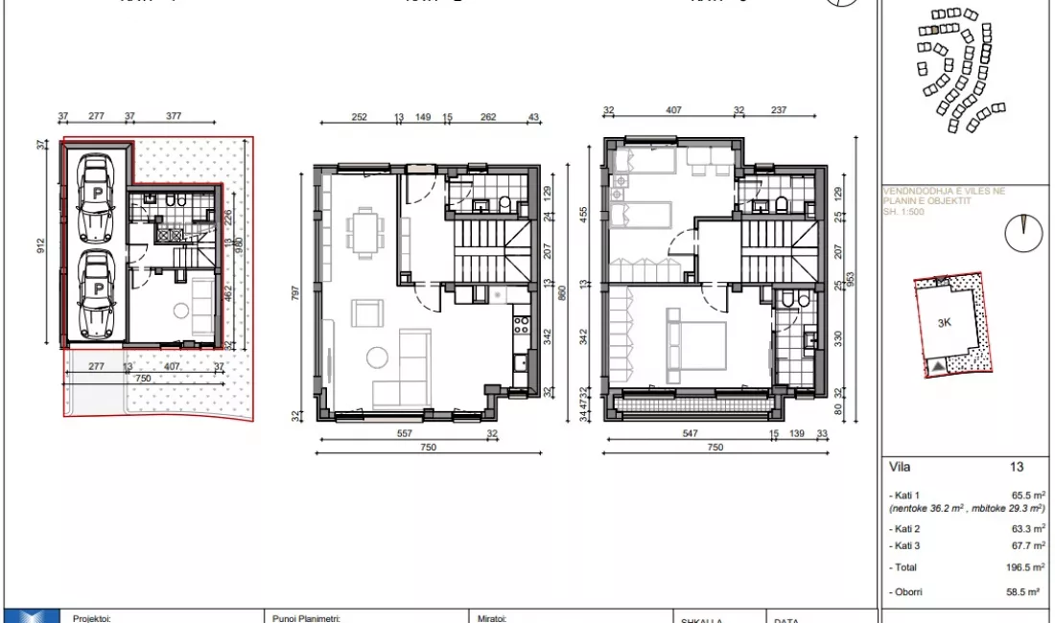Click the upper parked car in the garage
[96, 198]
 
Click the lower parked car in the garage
[96, 295]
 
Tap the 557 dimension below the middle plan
[404, 432]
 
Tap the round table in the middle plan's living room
[377, 358]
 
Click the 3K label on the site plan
[944, 323]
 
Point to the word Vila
[902, 468]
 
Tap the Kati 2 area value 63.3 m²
[1025, 529]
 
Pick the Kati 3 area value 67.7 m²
[1025, 545]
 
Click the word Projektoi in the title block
[92, 618]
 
